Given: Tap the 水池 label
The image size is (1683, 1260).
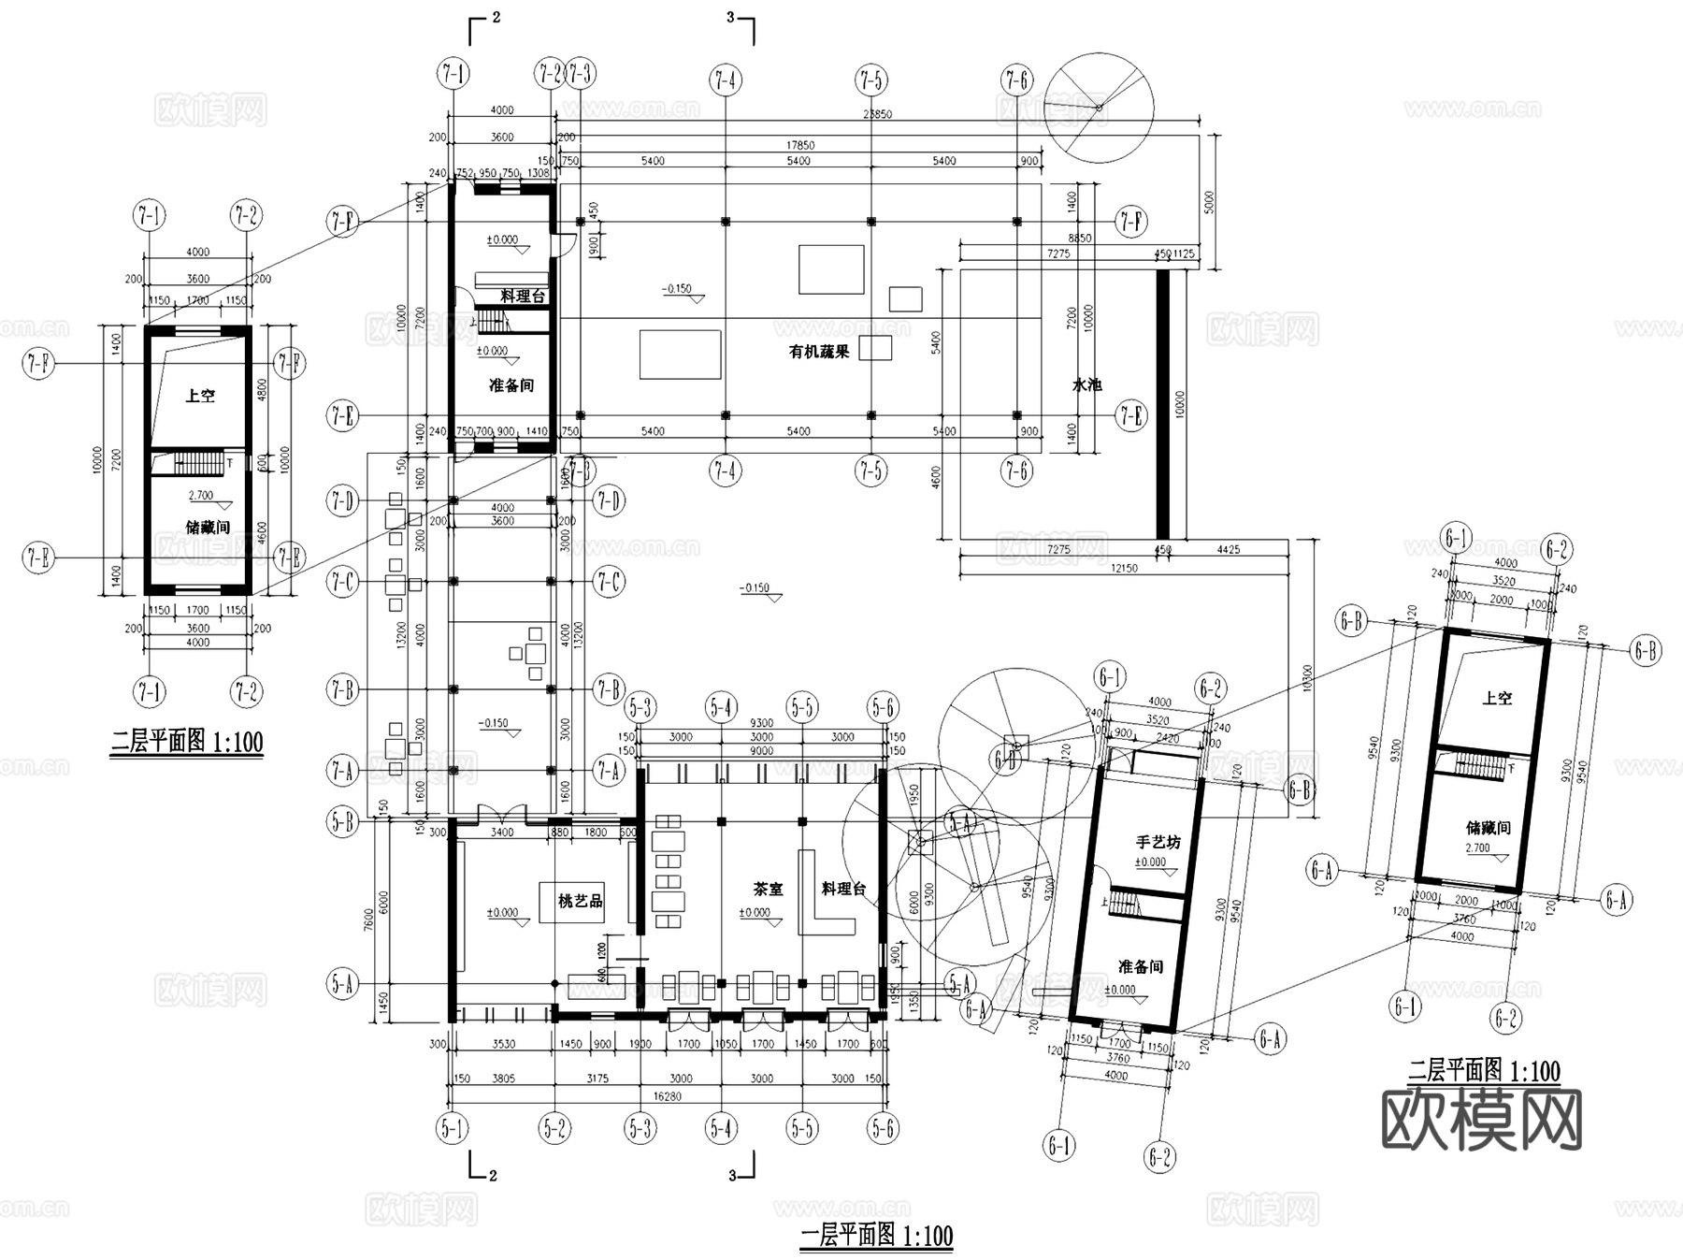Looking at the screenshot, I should [x=1086, y=384].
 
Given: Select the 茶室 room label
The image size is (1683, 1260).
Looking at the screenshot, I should [x=768, y=889].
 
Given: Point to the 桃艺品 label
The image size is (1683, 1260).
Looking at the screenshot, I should [x=580, y=901].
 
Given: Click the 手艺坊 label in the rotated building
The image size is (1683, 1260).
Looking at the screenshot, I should [x=1158, y=842].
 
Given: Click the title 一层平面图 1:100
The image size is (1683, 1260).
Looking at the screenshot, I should [x=876, y=1236].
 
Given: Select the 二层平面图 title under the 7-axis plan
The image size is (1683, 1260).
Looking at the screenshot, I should [x=187, y=743].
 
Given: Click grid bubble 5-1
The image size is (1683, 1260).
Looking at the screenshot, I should [x=453, y=1129].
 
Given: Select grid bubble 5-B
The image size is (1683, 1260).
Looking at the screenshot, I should [x=343, y=822].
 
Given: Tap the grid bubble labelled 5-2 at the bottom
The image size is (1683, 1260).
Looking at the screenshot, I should [x=554, y=1129].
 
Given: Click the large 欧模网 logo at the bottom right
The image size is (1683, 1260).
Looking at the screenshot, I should [x=1481, y=1119].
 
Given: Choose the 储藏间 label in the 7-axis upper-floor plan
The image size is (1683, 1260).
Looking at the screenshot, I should [x=207, y=527].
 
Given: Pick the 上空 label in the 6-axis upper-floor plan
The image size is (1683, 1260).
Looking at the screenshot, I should [x=1496, y=698].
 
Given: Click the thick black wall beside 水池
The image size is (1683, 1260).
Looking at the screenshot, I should [x=1162, y=405].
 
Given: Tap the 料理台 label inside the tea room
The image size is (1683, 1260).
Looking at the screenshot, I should [x=842, y=889].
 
